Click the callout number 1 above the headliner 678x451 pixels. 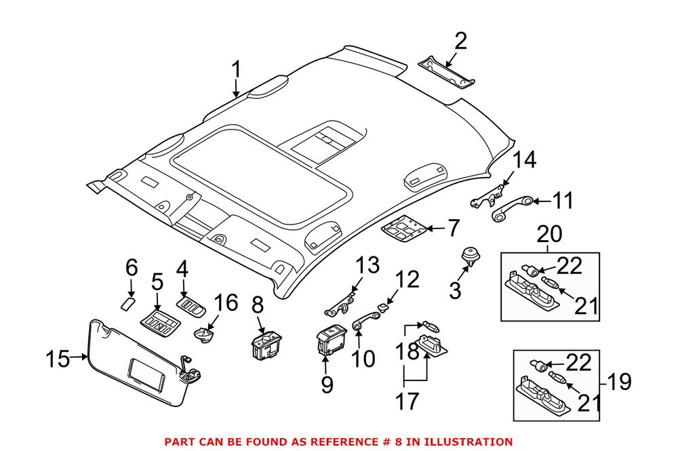(236, 70)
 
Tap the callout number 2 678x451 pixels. (460, 42)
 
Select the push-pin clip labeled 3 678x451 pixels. (468, 256)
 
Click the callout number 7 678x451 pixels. (453, 229)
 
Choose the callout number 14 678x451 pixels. (523, 161)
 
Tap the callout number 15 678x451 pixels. (59, 359)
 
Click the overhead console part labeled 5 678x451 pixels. (160, 321)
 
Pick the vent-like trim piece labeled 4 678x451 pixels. (191, 307)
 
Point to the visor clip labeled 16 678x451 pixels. (203, 334)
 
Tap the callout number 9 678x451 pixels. (327, 385)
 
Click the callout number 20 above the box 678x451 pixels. (550, 235)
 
